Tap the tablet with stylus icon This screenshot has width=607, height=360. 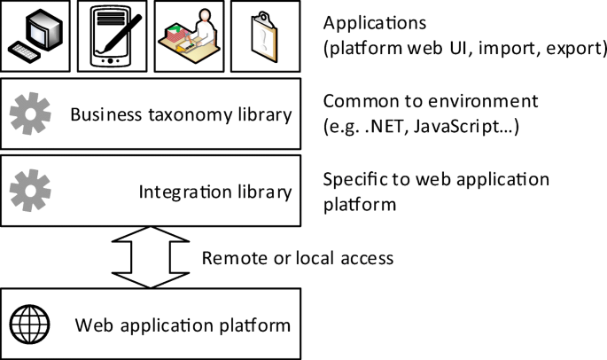[x=111, y=36]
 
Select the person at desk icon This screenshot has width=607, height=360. [x=186, y=36]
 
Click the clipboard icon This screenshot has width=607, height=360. [x=262, y=36]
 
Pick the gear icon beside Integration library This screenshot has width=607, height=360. [x=29, y=189]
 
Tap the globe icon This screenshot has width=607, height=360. [x=30, y=325]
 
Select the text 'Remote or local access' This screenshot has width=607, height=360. [x=297, y=259]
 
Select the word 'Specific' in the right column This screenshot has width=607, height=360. [x=354, y=178]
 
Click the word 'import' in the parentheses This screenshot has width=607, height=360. [x=505, y=50]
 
